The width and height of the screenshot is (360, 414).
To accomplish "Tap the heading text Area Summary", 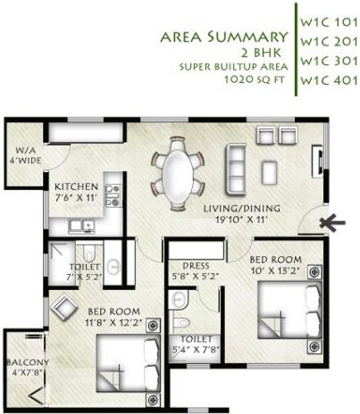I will (223, 37).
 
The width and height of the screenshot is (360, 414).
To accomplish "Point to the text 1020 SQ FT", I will (253, 79).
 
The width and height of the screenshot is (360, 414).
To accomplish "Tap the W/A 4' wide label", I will (24, 156).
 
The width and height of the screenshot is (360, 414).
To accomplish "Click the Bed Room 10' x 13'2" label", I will (275, 265).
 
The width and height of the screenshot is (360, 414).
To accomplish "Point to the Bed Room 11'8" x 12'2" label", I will (113, 317).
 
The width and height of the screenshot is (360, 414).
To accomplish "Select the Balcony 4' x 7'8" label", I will (24, 367).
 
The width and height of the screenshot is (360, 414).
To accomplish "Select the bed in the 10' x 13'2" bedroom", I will (289, 308).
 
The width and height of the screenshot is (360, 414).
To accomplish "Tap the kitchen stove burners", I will (113, 195).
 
